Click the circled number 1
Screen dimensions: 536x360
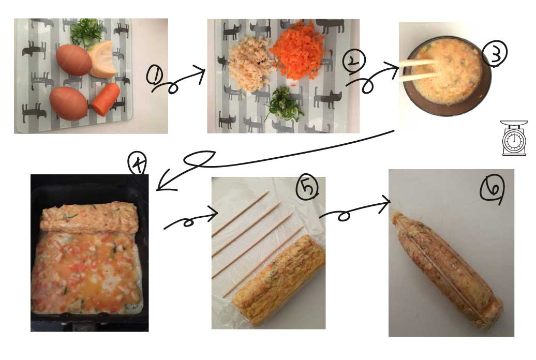[155, 75]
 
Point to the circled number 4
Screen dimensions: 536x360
[138, 163]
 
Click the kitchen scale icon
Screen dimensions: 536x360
[514, 138]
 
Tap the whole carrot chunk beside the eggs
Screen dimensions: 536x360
[106, 99]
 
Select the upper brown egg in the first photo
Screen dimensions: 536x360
[74, 60]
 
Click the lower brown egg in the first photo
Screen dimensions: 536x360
[69, 103]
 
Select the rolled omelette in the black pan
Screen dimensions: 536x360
[89, 217]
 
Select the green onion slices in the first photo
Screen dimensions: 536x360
[87, 32]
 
